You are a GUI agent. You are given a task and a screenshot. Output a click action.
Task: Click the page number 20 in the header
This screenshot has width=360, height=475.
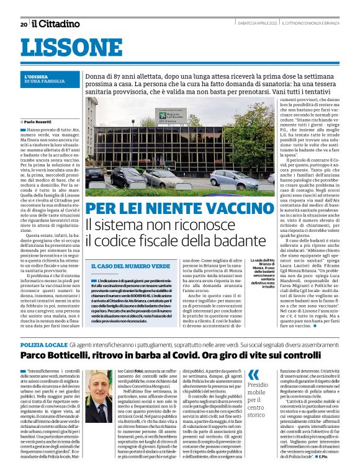(24, 24)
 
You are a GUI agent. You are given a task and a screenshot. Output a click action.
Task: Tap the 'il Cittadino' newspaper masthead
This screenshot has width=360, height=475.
(56, 24)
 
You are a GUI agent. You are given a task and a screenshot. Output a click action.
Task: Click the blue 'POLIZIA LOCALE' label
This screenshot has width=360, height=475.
(43, 343)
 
